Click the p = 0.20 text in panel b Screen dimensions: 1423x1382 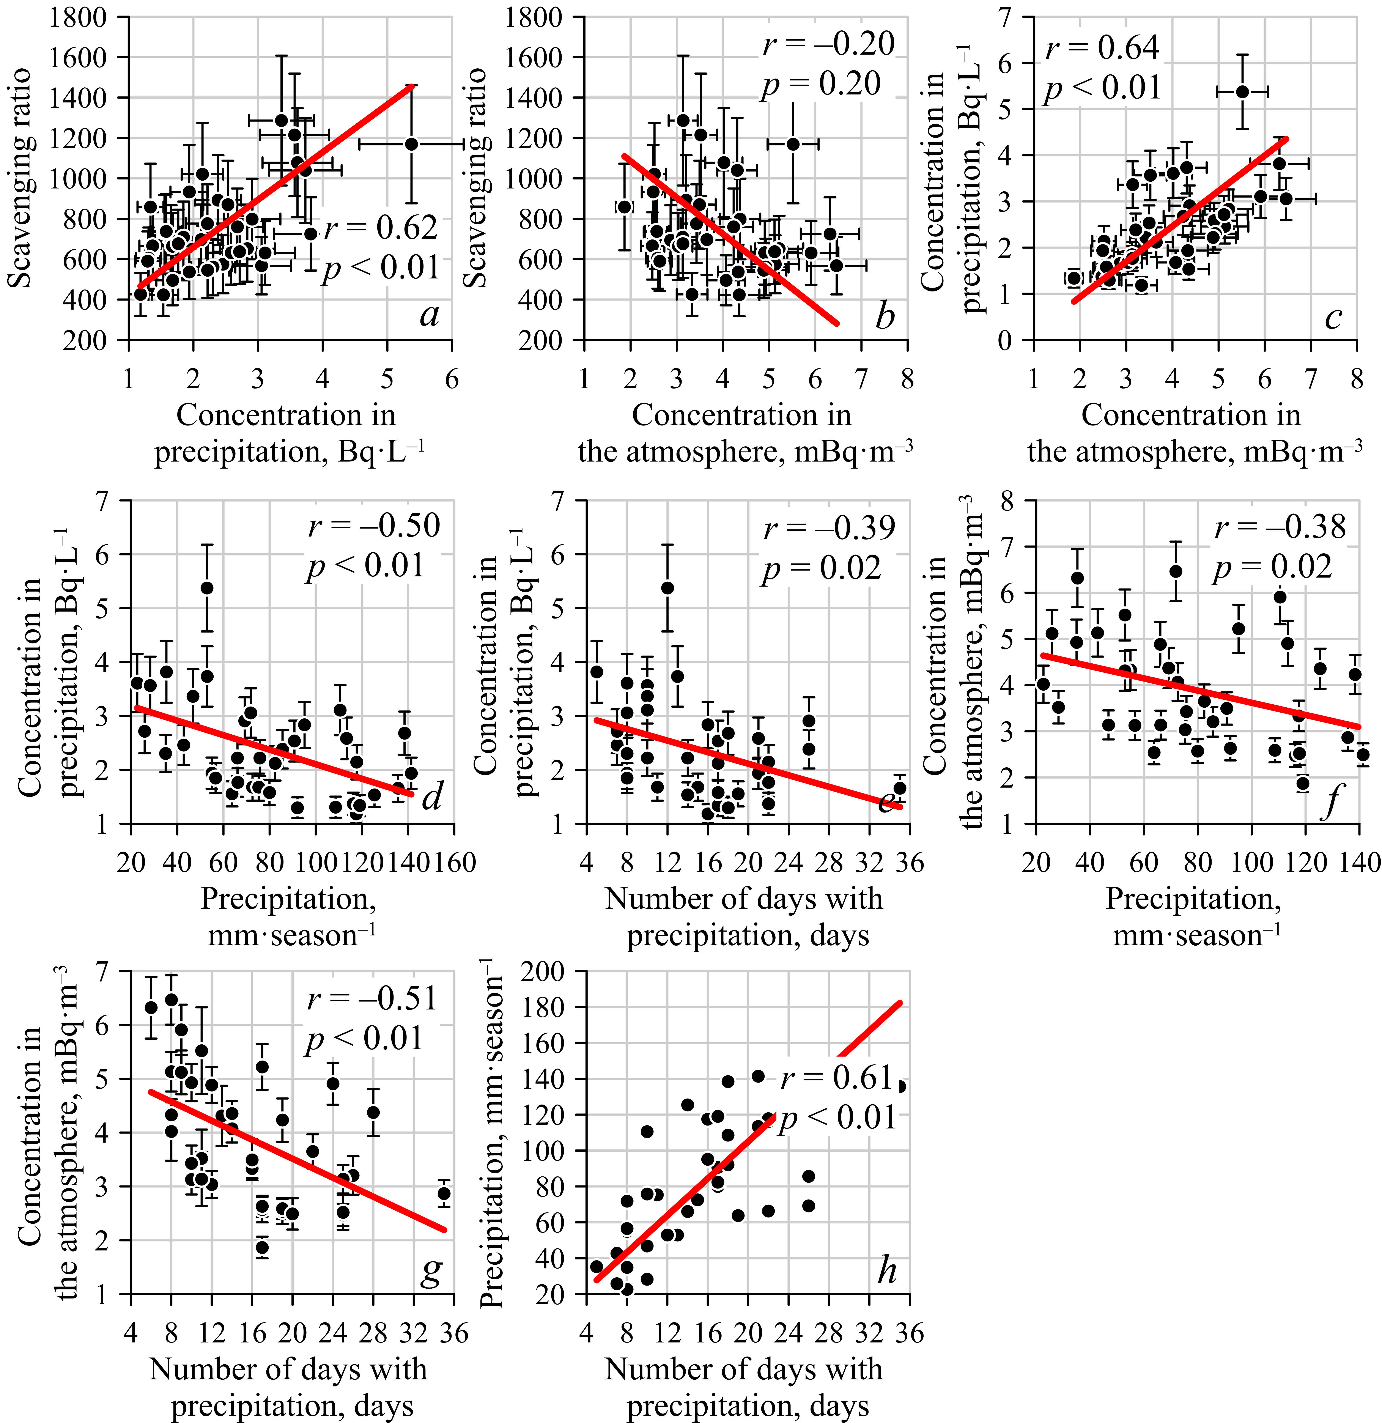pos(821,85)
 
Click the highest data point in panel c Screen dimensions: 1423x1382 pos(1242,91)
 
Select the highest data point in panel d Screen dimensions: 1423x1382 pos(207,587)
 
